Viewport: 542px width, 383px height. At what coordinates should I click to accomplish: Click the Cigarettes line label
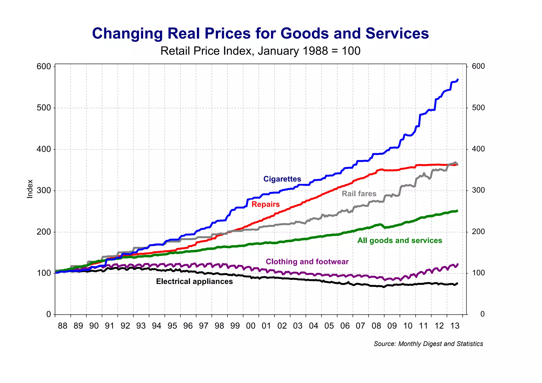click(x=282, y=179)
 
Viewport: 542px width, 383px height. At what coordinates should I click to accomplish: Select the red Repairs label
click(x=265, y=204)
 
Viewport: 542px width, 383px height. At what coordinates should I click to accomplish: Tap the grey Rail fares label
click(x=359, y=194)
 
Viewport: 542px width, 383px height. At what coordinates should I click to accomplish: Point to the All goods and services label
click(x=400, y=240)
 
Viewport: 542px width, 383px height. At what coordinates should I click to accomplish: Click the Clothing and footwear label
click(x=307, y=262)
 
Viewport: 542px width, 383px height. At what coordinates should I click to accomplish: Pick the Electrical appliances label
click(x=194, y=281)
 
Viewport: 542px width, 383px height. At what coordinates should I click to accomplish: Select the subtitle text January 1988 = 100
click(x=309, y=51)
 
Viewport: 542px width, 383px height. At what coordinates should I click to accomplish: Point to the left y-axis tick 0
click(x=48, y=314)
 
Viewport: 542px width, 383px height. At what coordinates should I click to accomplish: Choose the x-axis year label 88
click(x=62, y=326)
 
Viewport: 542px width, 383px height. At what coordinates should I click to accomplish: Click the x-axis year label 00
click(x=251, y=326)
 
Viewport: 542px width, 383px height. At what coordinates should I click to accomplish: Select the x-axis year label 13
click(x=455, y=326)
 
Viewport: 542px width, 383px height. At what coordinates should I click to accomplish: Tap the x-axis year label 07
click(x=360, y=326)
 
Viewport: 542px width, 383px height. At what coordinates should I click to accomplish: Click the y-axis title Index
click(x=30, y=189)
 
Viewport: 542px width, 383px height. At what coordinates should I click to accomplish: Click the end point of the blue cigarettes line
click(x=458, y=79)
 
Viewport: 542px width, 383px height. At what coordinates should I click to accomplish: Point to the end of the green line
click(x=458, y=211)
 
